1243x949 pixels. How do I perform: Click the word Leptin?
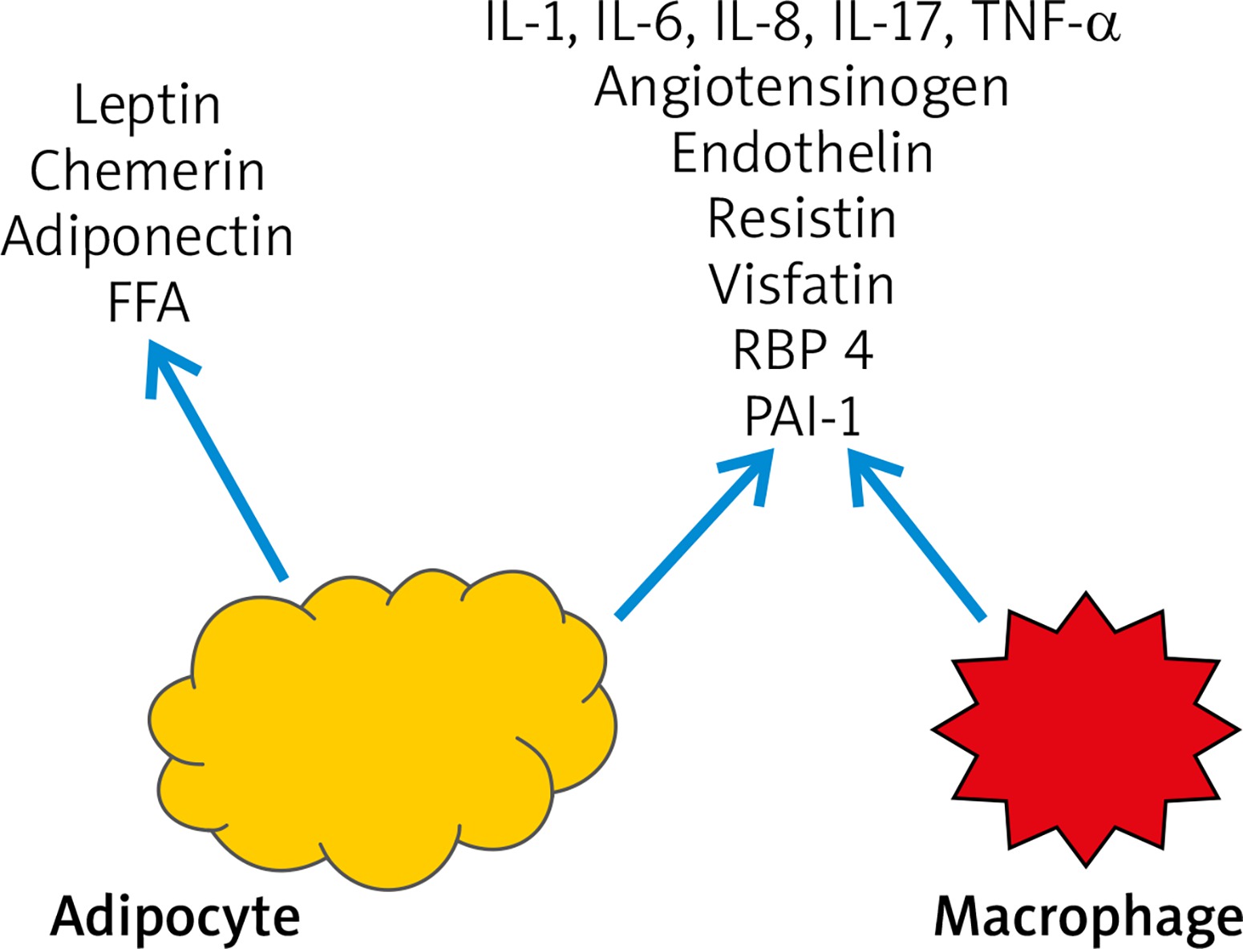point(147,105)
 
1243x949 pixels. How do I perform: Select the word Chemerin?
point(148,171)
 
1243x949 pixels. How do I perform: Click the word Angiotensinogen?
point(802,87)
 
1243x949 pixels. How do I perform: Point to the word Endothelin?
point(802,152)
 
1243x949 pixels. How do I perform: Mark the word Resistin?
point(802,218)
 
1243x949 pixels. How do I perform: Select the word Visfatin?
point(802,284)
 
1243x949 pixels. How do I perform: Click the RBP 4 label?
point(802,350)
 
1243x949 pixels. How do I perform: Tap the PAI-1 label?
point(802,416)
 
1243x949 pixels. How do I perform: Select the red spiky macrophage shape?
point(1085,730)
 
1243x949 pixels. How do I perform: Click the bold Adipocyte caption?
point(175,917)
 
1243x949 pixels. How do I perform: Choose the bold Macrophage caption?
point(1088,917)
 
